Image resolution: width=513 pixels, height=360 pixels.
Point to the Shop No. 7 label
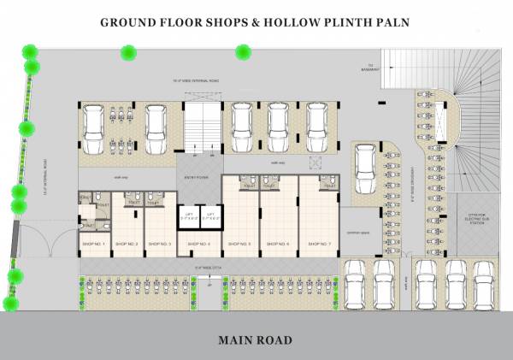318,245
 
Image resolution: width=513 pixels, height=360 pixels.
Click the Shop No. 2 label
127,245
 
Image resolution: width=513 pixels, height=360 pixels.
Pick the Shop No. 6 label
278,245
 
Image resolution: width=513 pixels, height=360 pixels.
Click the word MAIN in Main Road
236,340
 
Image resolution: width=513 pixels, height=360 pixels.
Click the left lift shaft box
187,217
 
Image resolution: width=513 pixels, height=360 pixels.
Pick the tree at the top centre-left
128,53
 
